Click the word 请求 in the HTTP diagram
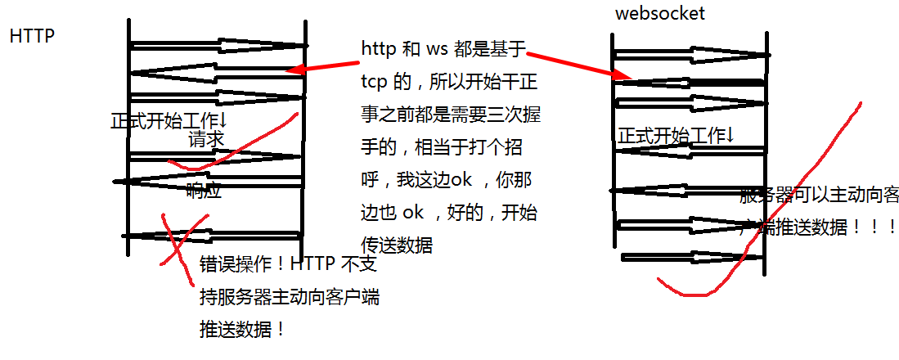206,140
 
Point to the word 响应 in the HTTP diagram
204,191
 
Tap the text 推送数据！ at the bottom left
243,330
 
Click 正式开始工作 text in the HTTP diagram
169,121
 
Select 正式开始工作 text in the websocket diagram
675,135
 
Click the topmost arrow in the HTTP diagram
218,45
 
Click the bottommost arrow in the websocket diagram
692,257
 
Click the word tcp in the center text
374,83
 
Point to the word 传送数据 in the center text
396,245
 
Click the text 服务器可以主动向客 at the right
818,196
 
